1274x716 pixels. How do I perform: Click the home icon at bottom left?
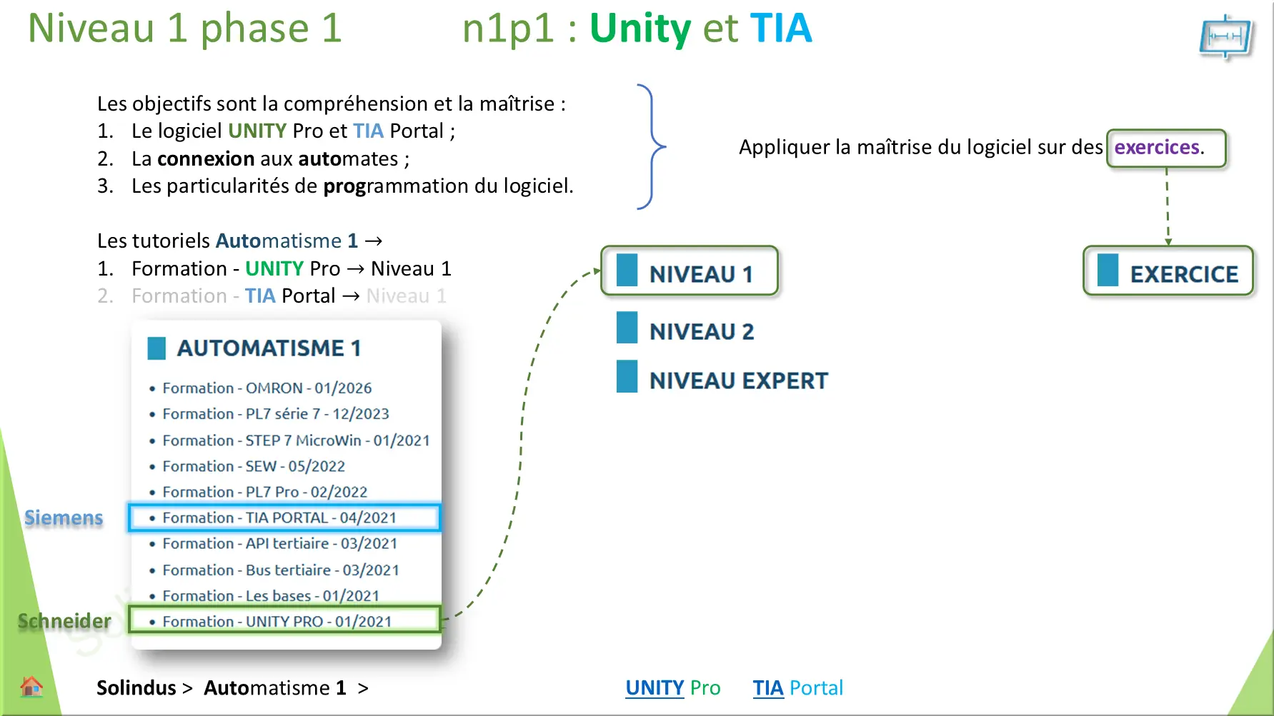pyautogui.click(x=31, y=687)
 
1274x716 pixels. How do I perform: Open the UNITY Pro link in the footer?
pyautogui.click(x=672, y=687)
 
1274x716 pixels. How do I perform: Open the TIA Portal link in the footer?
pyautogui.click(x=797, y=687)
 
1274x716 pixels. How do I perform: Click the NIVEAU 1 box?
pyautogui.click(x=690, y=271)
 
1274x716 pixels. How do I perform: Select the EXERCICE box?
pyautogui.click(x=1168, y=271)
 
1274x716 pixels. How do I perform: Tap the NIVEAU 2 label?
pyautogui.click(x=701, y=331)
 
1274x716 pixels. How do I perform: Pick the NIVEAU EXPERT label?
pyautogui.click(x=738, y=380)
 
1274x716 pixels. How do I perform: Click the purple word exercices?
pyautogui.click(x=1157, y=147)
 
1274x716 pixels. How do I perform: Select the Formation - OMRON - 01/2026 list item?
pyautogui.click(x=267, y=388)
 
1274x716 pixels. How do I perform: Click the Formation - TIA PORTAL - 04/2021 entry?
pyautogui.click(x=279, y=518)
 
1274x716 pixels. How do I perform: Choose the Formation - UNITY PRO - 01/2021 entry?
pyautogui.click(x=277, y=621)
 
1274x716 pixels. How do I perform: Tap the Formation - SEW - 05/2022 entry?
pyautogui.click(x=253, y=466)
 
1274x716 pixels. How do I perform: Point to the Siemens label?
pyautogui.click(x=64, y=518)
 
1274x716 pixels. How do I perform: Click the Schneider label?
pyautogui.click(x=64, y=621)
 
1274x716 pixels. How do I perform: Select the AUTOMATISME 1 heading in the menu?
pyautogui.click(x=268, y=348)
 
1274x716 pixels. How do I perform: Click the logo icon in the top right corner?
pyautogui.click(x=1226, y=37)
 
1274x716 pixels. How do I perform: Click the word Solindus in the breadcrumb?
pyautogui.click(x=136, y=687)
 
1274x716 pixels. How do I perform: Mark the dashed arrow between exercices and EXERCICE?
pyautogui.click(x=1168, y=207)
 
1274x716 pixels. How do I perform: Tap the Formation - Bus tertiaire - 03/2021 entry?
pyautogui.click(x=280, y=570)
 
